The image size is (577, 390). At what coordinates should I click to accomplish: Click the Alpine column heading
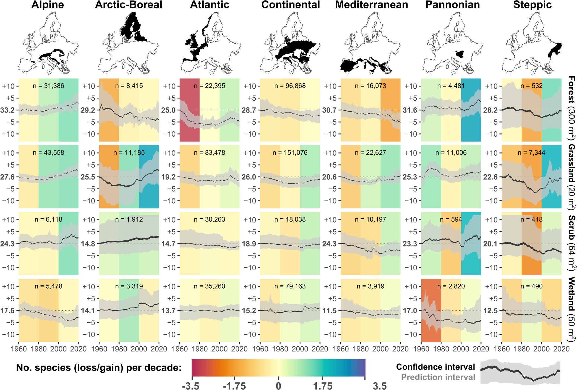tap(47, 5)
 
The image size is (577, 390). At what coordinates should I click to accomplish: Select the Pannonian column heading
tap(452, 5)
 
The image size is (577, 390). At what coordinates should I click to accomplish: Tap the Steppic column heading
tap(532, 5)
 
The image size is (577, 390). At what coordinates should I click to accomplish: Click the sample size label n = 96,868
tap(290, 86)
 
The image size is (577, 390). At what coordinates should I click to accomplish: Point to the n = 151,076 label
tap(290, 153)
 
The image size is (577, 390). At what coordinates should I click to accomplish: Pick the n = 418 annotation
tap(531, 219)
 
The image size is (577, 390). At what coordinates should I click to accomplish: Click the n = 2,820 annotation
tap(451, 286)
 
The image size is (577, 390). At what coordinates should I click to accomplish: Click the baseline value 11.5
tap(329, 311)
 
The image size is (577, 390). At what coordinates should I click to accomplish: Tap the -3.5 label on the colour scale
tap(190, 386)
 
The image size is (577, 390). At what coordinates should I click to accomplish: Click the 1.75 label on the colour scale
tap(323, 386)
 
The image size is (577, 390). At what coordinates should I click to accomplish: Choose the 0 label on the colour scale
tap(278, 386)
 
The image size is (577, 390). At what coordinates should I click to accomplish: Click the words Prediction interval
tap(438, 377)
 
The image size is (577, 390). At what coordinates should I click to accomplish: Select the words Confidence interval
tap(435, 367)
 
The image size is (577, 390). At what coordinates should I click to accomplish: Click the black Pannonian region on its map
tap(460, 54)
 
